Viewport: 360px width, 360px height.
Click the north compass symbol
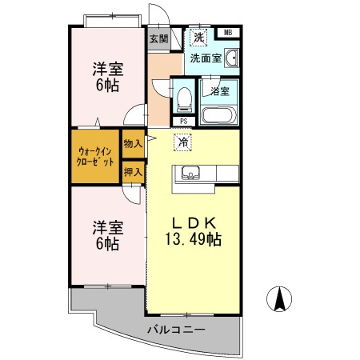279,299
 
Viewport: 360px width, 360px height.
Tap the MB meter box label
228,33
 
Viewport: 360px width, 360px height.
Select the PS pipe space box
184,122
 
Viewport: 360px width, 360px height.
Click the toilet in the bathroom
184,99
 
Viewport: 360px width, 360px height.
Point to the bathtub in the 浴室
218,115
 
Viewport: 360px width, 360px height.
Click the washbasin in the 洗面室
231,58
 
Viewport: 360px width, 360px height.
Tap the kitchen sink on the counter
190,173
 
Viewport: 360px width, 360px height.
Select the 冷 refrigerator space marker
183,142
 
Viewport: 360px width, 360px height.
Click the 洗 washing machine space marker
198,37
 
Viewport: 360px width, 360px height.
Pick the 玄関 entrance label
158,39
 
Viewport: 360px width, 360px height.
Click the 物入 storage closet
134,144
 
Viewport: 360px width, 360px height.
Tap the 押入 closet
134,172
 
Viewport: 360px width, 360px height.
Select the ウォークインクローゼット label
95,157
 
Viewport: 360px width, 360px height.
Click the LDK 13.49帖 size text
194,232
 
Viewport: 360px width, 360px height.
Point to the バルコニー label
176,330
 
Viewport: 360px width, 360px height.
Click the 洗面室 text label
206,58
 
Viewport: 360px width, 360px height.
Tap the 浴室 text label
220,91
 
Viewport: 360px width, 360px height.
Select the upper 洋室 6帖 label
108,77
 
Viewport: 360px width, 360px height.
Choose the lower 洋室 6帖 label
108,235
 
